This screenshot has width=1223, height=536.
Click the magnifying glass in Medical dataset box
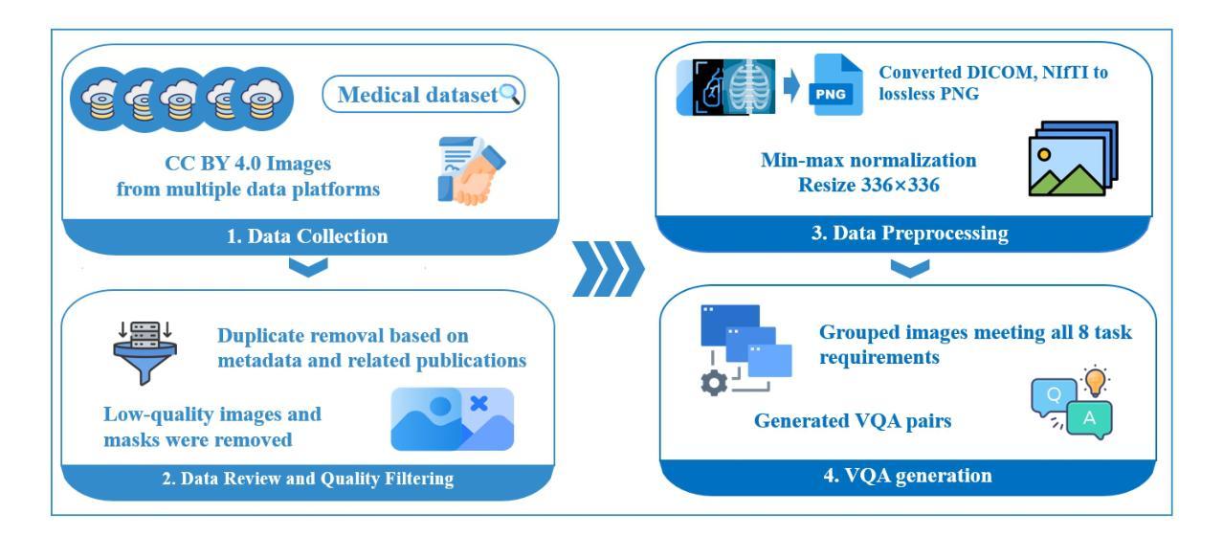coord(510,94)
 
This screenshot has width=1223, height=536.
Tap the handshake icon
coord(472,170)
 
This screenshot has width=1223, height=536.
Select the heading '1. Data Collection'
coord(307,236)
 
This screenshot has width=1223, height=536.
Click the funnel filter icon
coord(145,352)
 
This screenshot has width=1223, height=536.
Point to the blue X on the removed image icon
coord(478,403)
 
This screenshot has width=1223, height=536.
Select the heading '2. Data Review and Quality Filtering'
coord(308,479)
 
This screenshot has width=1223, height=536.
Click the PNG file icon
coord(835,84)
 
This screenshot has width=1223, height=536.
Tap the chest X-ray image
coord(749,87)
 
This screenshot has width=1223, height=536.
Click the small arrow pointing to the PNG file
coord(791,85)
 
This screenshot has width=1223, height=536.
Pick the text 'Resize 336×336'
coord(869,185)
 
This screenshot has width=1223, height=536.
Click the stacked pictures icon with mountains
coord(1074,158)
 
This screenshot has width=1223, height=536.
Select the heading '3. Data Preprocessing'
coord(910,234)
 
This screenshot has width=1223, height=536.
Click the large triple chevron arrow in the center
coord(609,269)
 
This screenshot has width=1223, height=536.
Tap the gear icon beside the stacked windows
coord(714,383)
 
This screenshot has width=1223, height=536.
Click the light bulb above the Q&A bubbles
coord(1095,380)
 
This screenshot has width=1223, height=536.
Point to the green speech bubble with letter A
coord(1089,419)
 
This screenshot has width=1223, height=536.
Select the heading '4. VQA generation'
coord(908,476)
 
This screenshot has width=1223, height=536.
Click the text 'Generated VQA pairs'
coord(853,421)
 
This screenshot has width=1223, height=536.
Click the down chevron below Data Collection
coord(308,267)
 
